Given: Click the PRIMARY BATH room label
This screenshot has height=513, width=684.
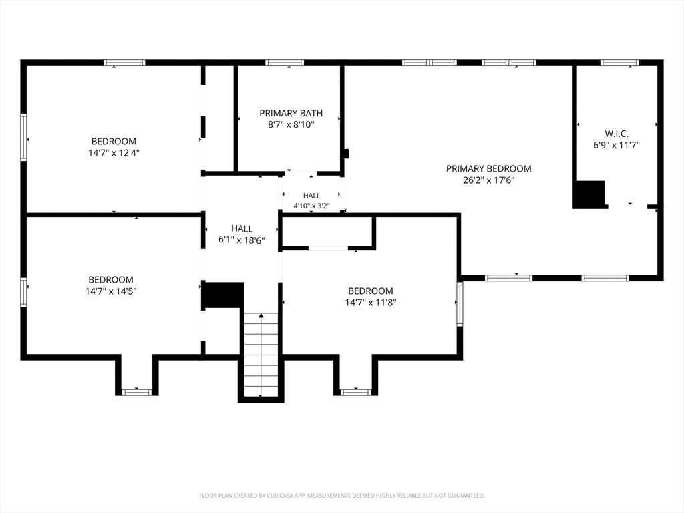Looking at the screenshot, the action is [x=291, y=113].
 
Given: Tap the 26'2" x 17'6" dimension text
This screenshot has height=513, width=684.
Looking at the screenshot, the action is [x=488, y=180].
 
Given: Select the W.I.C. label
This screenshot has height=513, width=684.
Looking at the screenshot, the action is [x=617, y=134].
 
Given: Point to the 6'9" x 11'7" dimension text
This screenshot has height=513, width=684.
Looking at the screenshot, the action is [x=617, y=145].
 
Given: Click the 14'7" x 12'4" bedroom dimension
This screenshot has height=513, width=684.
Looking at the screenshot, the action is [x=114, y=153].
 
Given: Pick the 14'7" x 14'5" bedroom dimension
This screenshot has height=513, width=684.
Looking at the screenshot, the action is [x=111, y=291].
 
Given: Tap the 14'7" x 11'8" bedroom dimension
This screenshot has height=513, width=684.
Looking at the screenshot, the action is [x=370, y=303].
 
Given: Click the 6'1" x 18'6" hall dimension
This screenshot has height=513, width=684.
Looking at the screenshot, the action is [x=242, y=240].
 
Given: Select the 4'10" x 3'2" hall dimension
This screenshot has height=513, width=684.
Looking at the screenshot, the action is [x=311, y=206].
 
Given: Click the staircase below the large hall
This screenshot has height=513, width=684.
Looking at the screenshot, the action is [x=261, y=355].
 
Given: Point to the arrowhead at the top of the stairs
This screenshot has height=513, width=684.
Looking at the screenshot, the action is [x=261, y=315].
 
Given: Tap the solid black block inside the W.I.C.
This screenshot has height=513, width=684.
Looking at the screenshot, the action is [x=589, y=194].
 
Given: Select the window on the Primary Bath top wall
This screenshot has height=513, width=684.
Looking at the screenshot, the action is [x=285, y=63].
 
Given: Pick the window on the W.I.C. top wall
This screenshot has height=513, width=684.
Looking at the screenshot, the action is [x=619, y=63].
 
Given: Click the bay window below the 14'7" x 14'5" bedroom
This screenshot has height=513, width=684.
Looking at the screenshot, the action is [x=136, y=393].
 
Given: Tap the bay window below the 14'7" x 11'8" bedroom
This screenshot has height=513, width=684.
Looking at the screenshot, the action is [x=355, y=393].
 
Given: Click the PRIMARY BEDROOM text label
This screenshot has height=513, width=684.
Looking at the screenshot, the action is [x=488, y=169].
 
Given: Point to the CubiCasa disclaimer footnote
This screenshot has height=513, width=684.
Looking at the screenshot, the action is [x=342, y=496].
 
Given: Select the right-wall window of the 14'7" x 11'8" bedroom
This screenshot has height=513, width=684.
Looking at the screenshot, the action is [x=460, y=303].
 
